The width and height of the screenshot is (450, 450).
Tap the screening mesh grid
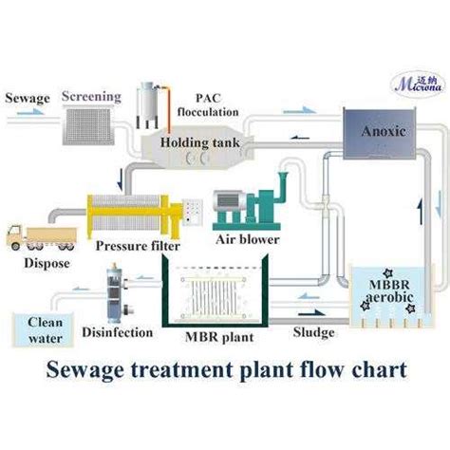[88, 126]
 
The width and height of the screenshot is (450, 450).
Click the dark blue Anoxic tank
[380, 134]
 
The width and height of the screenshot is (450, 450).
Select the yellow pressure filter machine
[135, 216]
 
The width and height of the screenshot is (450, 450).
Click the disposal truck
[42, 237]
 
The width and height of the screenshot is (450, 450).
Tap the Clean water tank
[43, 330]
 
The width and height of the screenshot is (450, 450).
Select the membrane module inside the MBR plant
[214, 297]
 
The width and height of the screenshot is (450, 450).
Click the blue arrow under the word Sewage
[30, 112]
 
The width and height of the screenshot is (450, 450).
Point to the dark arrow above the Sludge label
[311, 313]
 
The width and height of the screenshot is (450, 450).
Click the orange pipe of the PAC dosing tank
[168, 108]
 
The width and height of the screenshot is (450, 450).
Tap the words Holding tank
[199, 142]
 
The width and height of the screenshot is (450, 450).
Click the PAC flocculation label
[208, 105]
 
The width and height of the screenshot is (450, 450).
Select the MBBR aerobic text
[389, 291]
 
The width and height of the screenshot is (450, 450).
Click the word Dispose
[47, 263]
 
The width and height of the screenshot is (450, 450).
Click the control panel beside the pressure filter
[193, 212]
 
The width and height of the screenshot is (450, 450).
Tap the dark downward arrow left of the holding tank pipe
[120, 179]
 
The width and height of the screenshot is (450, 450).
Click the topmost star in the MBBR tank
[387, 272]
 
